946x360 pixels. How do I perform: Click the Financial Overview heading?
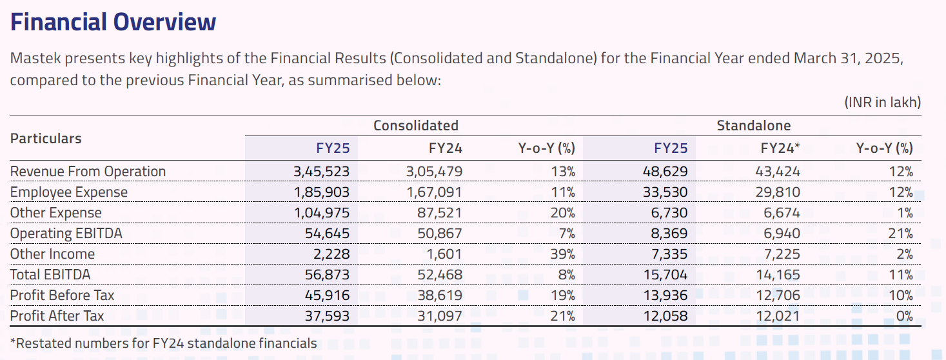click(113, 23)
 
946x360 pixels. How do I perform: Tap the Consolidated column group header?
click(416, 125)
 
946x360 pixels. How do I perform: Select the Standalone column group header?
click(753, 125)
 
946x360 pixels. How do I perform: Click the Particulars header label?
click(46, 138)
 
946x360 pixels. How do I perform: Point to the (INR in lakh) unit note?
click(882, 102)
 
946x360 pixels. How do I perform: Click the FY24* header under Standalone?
click(780, 148)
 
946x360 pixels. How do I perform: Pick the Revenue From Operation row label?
click(88, 172)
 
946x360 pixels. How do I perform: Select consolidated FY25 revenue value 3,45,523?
click(321, 172)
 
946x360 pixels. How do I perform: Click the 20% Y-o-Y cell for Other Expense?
click(563, 213)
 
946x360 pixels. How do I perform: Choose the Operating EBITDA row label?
click(66, 234)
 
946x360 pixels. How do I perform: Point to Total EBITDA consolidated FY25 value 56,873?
click(327, 275)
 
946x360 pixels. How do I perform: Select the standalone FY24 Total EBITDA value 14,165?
click(778, 275)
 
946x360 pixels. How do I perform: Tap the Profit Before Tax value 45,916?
click(327, 295)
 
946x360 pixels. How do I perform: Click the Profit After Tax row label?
click(57, 316)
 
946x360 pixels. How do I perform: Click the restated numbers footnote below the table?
click(163, 343)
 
